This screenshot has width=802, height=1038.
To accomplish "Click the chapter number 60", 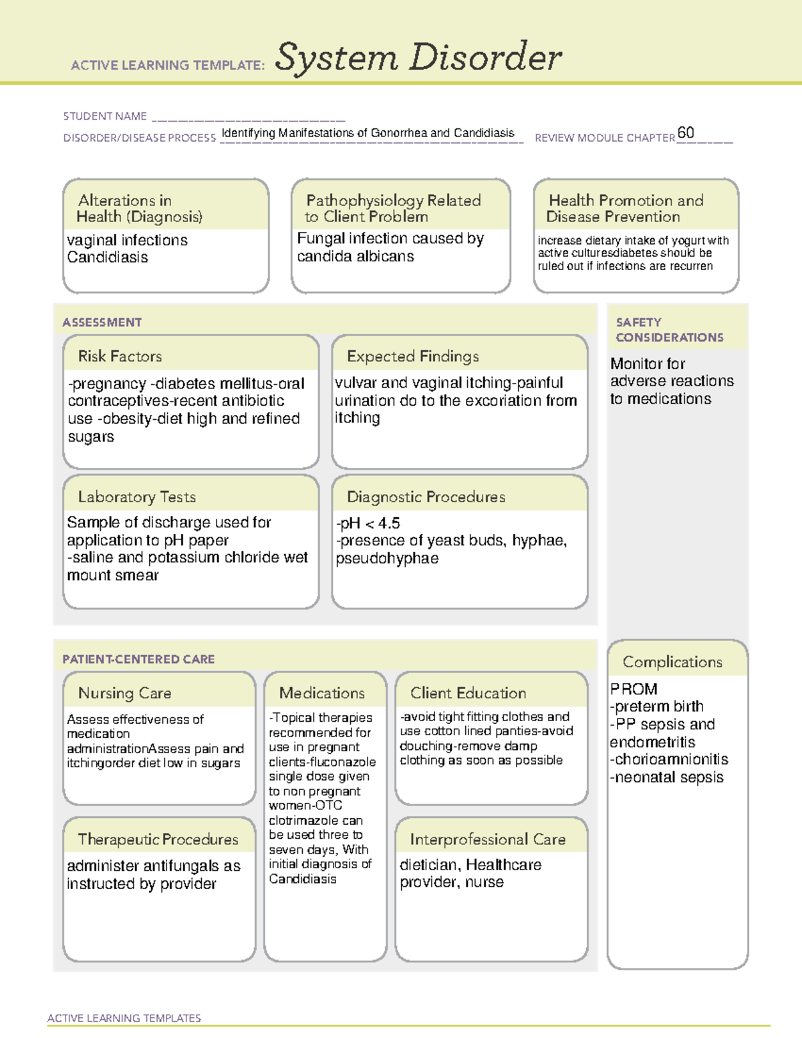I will (686, 132).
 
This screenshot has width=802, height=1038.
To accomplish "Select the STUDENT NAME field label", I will (105, 116).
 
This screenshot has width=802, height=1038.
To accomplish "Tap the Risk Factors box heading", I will (120, 356).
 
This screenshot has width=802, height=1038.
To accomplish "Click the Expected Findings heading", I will (412, 356).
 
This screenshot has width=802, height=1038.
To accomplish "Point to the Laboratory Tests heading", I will (136, 497).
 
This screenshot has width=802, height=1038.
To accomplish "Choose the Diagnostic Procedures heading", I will (426, 497).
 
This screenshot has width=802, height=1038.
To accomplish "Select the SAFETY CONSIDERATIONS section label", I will (669, 330).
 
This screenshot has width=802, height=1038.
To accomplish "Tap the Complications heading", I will (672, 662).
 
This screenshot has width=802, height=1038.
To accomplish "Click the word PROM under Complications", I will (634, 689).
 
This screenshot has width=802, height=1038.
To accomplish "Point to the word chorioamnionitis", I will (670, 759).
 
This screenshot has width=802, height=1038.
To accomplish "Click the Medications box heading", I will (321, 693).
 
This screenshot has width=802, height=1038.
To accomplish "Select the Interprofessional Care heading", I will (487, 839).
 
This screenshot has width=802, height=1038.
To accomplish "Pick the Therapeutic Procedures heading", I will (158, 839).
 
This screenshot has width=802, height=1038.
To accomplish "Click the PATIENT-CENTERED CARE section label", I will (138, 659).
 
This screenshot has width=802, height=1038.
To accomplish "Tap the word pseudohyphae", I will (387, 558).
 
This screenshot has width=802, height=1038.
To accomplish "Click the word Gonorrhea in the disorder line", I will (399, 133).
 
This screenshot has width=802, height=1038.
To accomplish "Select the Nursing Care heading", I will (124, 693).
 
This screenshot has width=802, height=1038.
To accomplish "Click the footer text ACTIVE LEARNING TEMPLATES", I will (124, 1018).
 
